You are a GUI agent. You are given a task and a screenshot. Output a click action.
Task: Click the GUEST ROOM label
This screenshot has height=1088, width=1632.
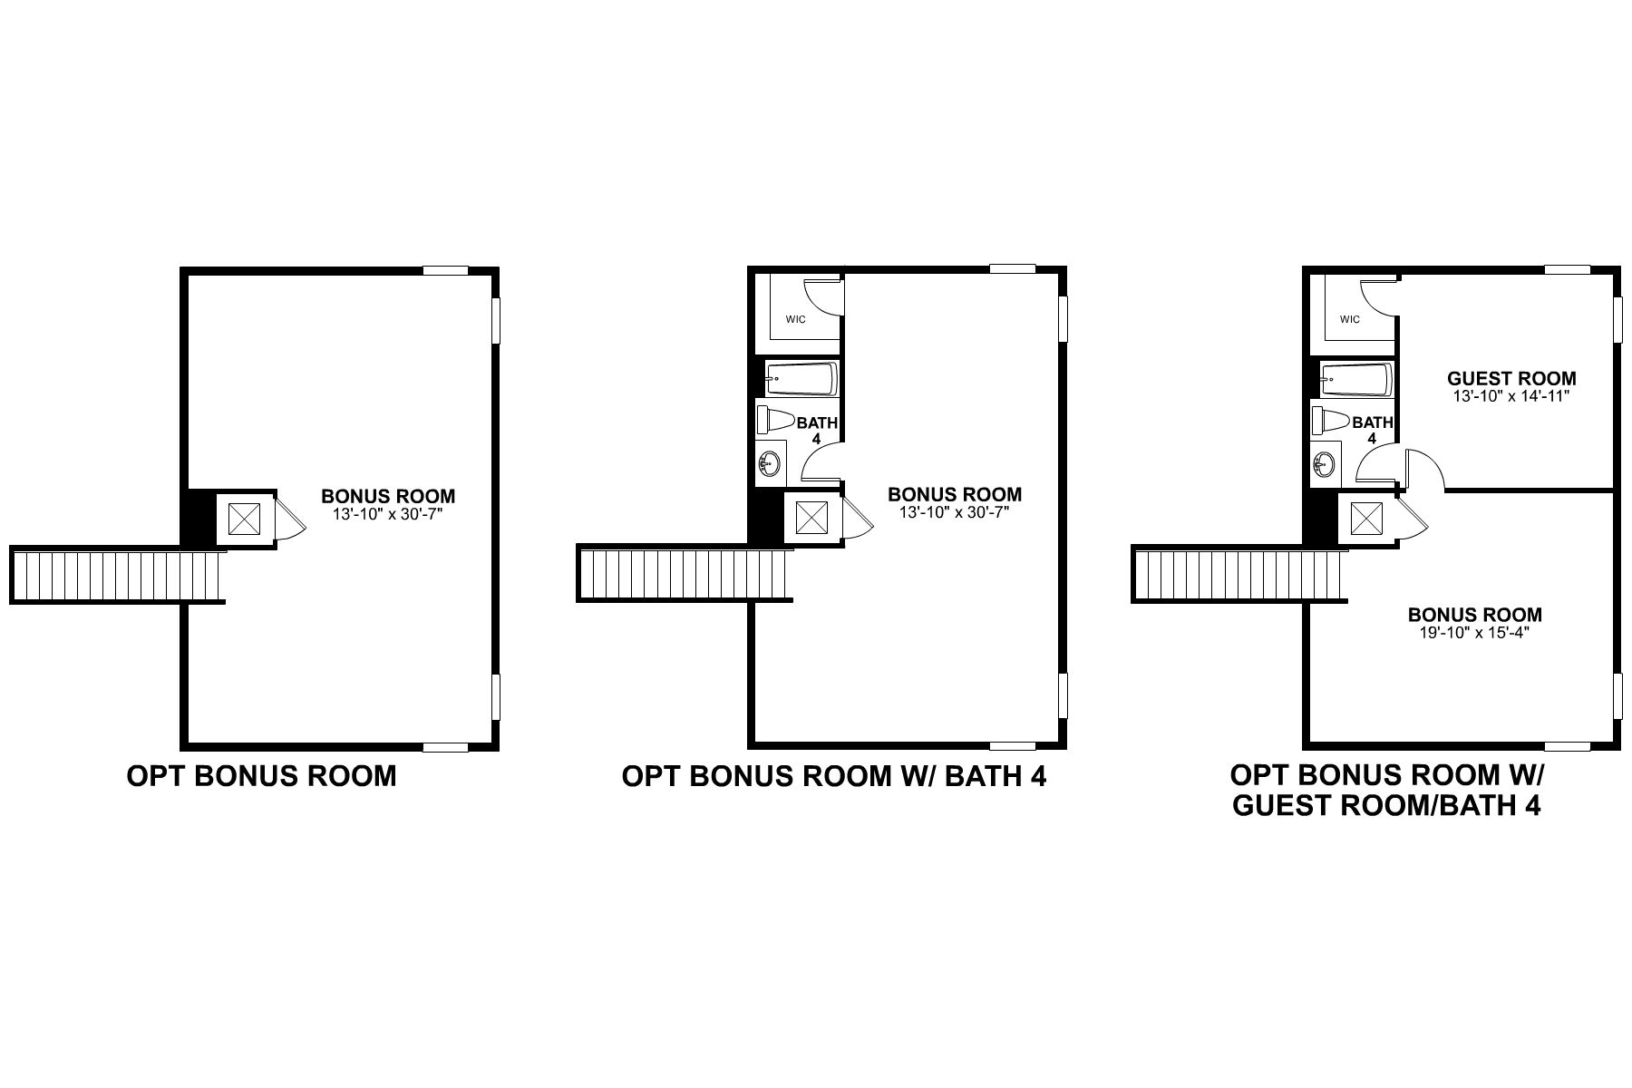[1511, 378]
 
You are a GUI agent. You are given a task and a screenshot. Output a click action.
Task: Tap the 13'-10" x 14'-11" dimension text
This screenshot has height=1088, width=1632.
[1511, 396]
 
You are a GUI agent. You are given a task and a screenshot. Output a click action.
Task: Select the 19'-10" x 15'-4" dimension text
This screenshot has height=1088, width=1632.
[1474, 633]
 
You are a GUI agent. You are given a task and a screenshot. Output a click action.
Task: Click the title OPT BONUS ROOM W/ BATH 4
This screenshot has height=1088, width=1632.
[834, 777]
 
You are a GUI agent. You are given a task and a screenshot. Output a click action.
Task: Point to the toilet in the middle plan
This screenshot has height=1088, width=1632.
[776, 421]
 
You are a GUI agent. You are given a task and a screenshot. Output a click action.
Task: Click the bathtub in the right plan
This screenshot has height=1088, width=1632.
[1355, 379]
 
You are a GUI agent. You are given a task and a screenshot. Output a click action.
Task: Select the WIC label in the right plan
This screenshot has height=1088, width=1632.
[1350, 319]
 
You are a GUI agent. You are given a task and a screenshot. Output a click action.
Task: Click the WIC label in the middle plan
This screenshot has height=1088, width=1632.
[796, 319]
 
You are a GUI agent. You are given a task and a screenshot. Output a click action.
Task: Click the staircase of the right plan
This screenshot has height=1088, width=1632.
[1239, 575]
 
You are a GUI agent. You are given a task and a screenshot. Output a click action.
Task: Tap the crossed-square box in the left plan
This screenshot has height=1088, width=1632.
[244, 519]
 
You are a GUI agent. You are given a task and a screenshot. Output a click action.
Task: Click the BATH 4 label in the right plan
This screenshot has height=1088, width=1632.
[1372, 430]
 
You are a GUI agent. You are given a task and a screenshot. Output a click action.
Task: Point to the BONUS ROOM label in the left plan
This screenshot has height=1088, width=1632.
[388, 496]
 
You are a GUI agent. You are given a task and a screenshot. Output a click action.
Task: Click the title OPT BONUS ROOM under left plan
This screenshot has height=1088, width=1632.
[261, 777]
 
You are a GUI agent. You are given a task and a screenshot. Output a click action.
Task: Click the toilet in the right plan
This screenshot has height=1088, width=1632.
[1331, 421]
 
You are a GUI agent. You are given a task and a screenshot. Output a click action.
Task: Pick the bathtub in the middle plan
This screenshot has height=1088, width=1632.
[801, 379]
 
